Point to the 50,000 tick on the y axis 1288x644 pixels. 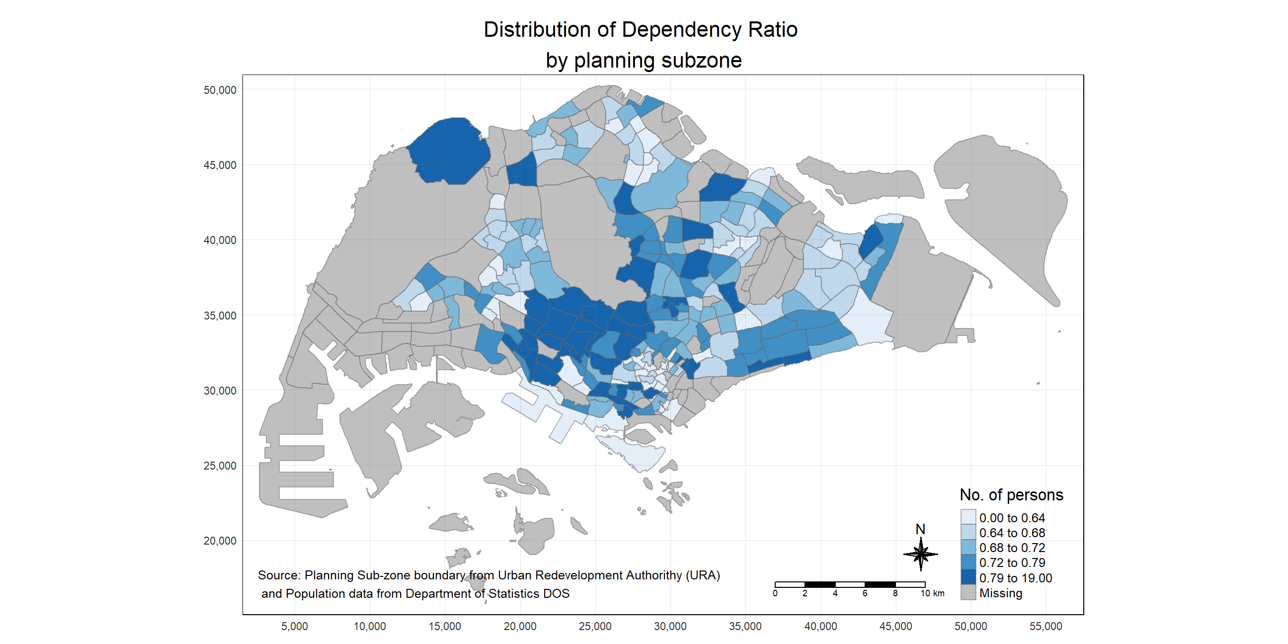tap(220, 90)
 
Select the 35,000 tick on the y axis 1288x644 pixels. tap(220, 316)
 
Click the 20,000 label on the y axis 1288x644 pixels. tap(220, 541)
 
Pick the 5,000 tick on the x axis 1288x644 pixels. tap(295, 626)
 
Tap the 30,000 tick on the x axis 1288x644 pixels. tap(670, 626)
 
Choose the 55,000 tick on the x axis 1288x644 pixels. tap(1046, 626)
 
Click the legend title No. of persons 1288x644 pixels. tap(1011, 495)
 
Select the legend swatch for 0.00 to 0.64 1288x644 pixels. tap(968, 517)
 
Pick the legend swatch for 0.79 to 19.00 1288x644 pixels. tap(968, 577)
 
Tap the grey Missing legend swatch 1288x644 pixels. tap(968, 592)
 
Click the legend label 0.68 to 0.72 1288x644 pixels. tap(1012, 548)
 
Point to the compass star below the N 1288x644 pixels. tap(920, 554)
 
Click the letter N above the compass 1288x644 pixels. tap(920, 529)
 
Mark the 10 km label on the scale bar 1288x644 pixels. tap(932, 593)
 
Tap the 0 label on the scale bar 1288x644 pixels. tap(775, 593)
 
